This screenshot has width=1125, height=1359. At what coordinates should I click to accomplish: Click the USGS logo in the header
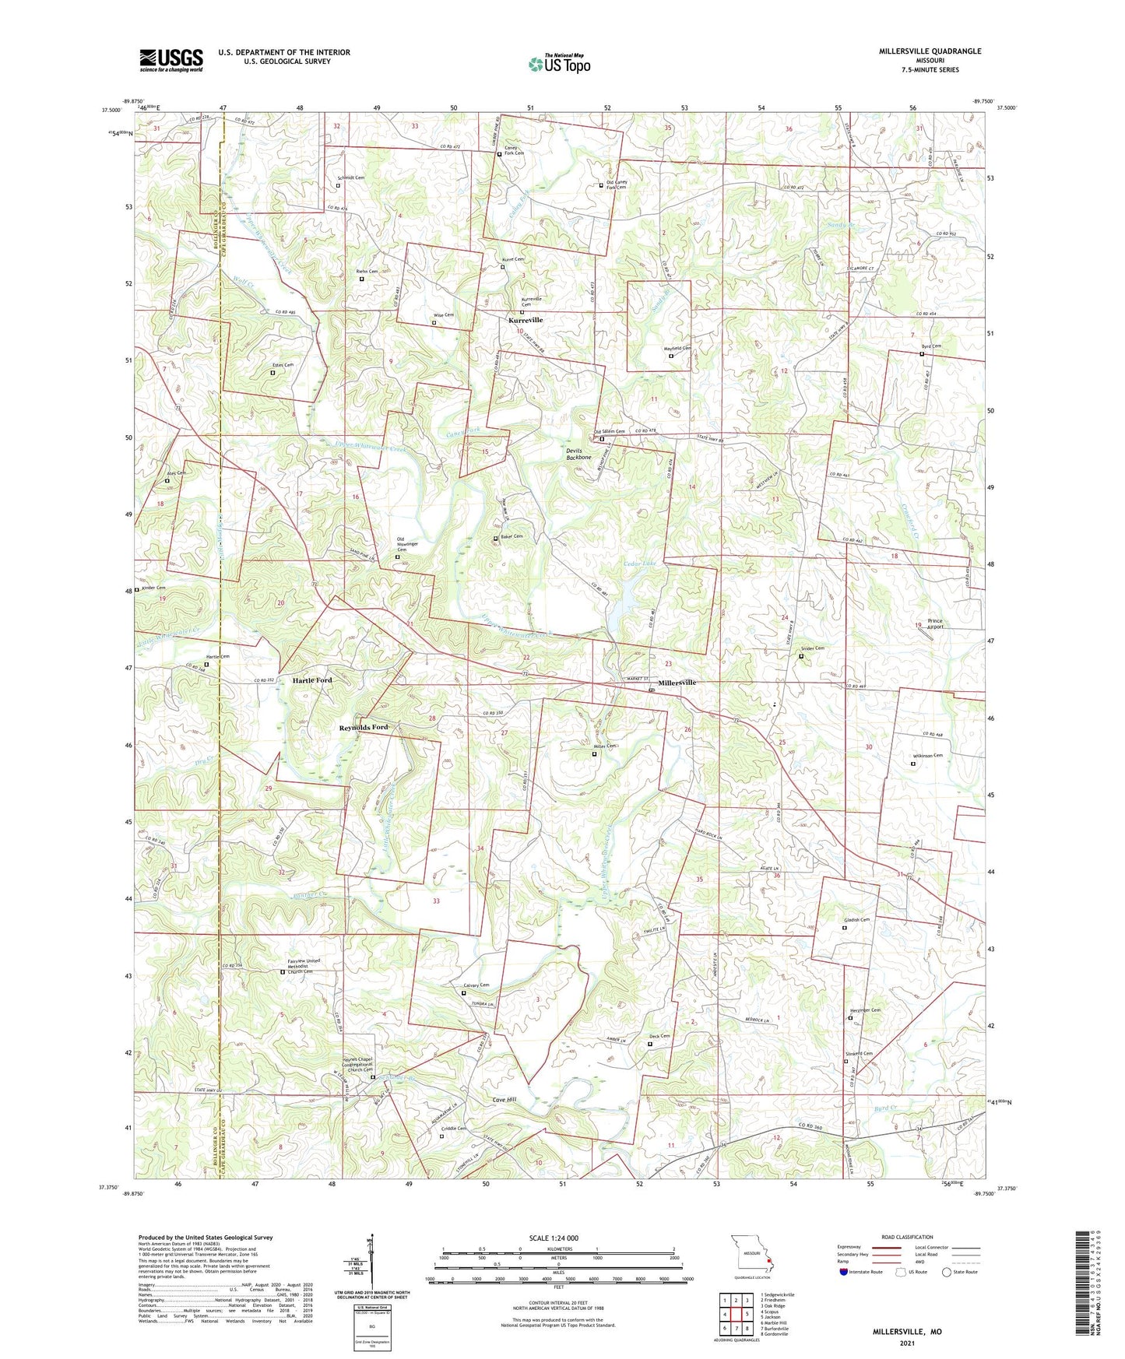pos(171,60)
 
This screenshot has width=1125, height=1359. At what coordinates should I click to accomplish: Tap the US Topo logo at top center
pos(559,64)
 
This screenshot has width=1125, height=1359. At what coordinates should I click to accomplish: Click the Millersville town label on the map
pos(677,683)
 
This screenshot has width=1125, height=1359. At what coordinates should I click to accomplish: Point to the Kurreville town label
pos(526,320)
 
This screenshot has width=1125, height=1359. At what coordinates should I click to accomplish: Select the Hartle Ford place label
pos(312,680)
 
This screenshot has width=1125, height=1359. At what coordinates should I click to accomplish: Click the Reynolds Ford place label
pos(363,727)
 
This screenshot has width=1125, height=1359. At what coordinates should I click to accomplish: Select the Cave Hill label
pos(504,1099)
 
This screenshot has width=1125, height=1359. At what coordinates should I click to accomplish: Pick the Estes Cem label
pos(283,365)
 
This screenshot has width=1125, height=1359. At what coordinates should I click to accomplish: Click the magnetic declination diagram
pos(371,1262)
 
